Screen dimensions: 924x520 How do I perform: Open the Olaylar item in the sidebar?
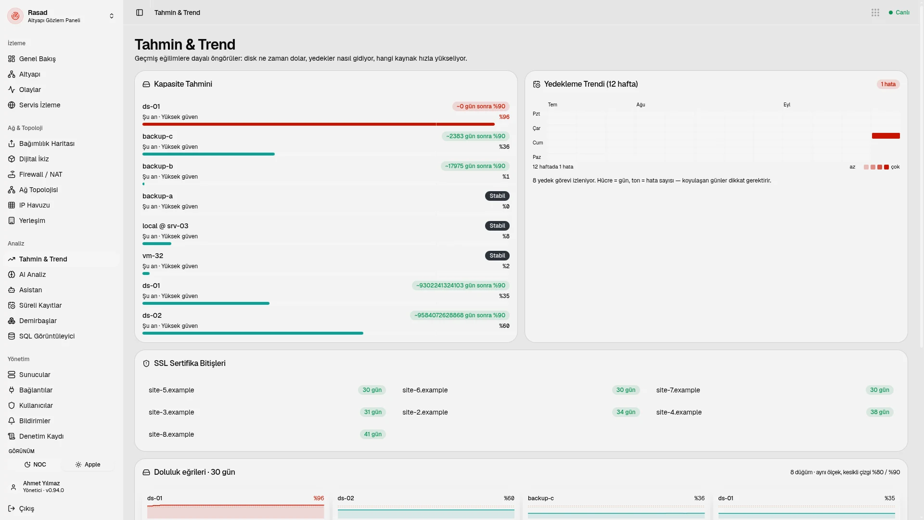pyautogui.click(x=30, y=90)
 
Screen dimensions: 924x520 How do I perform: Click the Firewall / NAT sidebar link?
pyautogui.click(x=40, y=174)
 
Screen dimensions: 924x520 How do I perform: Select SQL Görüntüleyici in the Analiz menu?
pyautogui.click(x=47, y=336)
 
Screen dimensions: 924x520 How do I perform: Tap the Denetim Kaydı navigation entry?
pyautogui.click(x=41, y=436)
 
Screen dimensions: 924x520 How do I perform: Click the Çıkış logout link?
pyautogui.click(x=26, y=508)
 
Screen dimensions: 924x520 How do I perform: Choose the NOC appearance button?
pyautogui.click(x=35, y=465)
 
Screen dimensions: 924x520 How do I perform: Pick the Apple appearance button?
pyautogui.click(x=88, y=465)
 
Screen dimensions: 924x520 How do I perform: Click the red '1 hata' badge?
pyautogui.click(x=888, y=84)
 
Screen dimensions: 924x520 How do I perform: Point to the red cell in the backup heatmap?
pyautogui.click(x=885, y=136)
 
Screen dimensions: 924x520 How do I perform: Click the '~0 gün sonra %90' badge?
pyautogui.click(x=481, y=106)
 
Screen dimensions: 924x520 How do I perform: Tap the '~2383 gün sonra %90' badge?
pyautogui.click(x=475, y=136)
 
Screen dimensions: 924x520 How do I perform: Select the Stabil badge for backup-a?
pyautogui.click(x=497, y=196)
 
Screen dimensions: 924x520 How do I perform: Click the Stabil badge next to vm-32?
pyautogui.click(x=497, y=256)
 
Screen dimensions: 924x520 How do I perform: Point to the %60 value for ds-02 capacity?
pyautogui.click(x=504, y=326)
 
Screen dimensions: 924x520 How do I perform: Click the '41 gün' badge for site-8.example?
pyautogui.click(x=373, y=434)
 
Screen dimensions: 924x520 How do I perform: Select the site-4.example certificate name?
pyautogui.click(x=679, y=412)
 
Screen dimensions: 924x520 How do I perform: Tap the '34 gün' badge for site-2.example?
pyautogui.click(x=626, y=412)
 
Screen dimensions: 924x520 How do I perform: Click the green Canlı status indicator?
pyautogui.click(x=899, y=13)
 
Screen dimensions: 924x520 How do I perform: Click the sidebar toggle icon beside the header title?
pyautogui.click(x=140, y=13)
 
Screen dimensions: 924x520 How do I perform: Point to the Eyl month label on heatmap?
pyautogui.click(x=787, y=104)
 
